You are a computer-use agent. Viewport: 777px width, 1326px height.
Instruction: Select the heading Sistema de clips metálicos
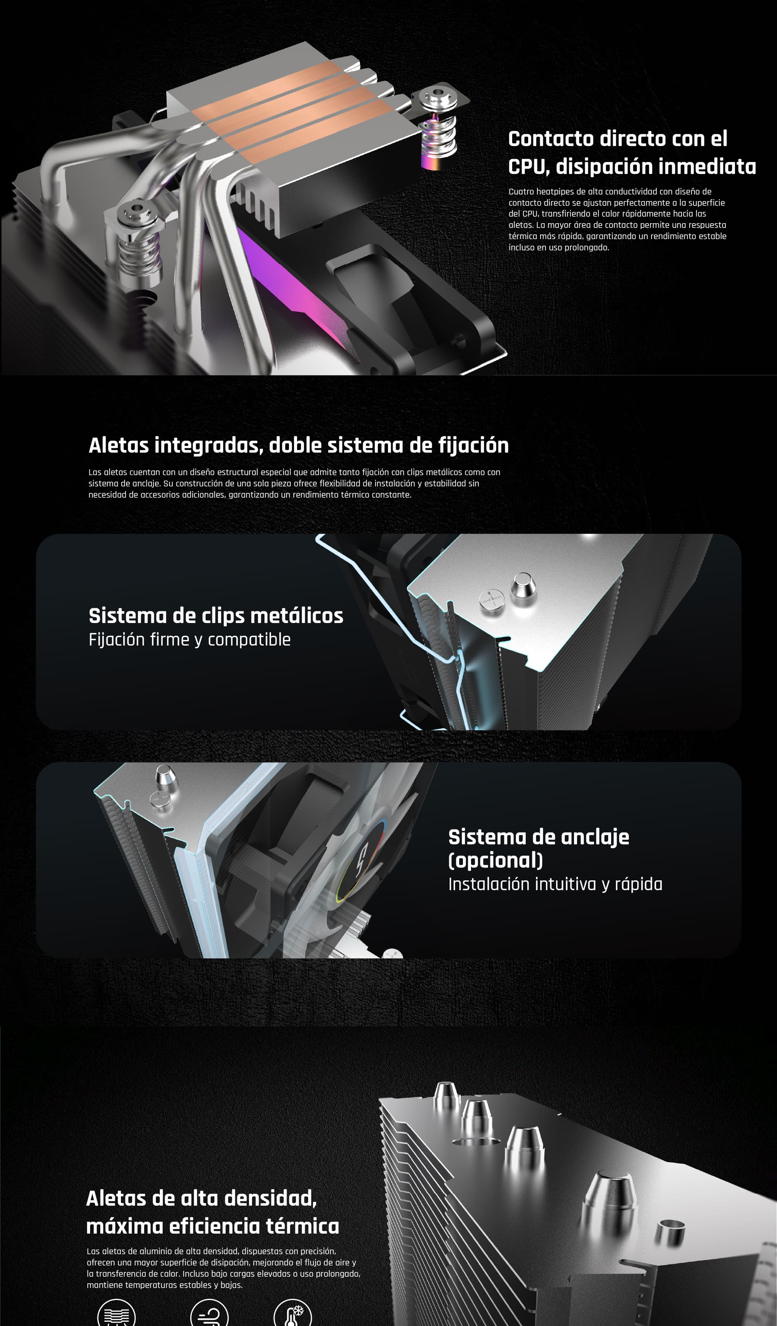216,616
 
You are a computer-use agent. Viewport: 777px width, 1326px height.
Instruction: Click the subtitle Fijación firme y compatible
189,639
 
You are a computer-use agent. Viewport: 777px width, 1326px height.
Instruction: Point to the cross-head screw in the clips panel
492,599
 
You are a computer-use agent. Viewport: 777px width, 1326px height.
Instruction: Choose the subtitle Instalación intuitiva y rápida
555,884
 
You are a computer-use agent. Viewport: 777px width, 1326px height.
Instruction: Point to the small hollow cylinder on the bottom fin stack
671,1233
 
